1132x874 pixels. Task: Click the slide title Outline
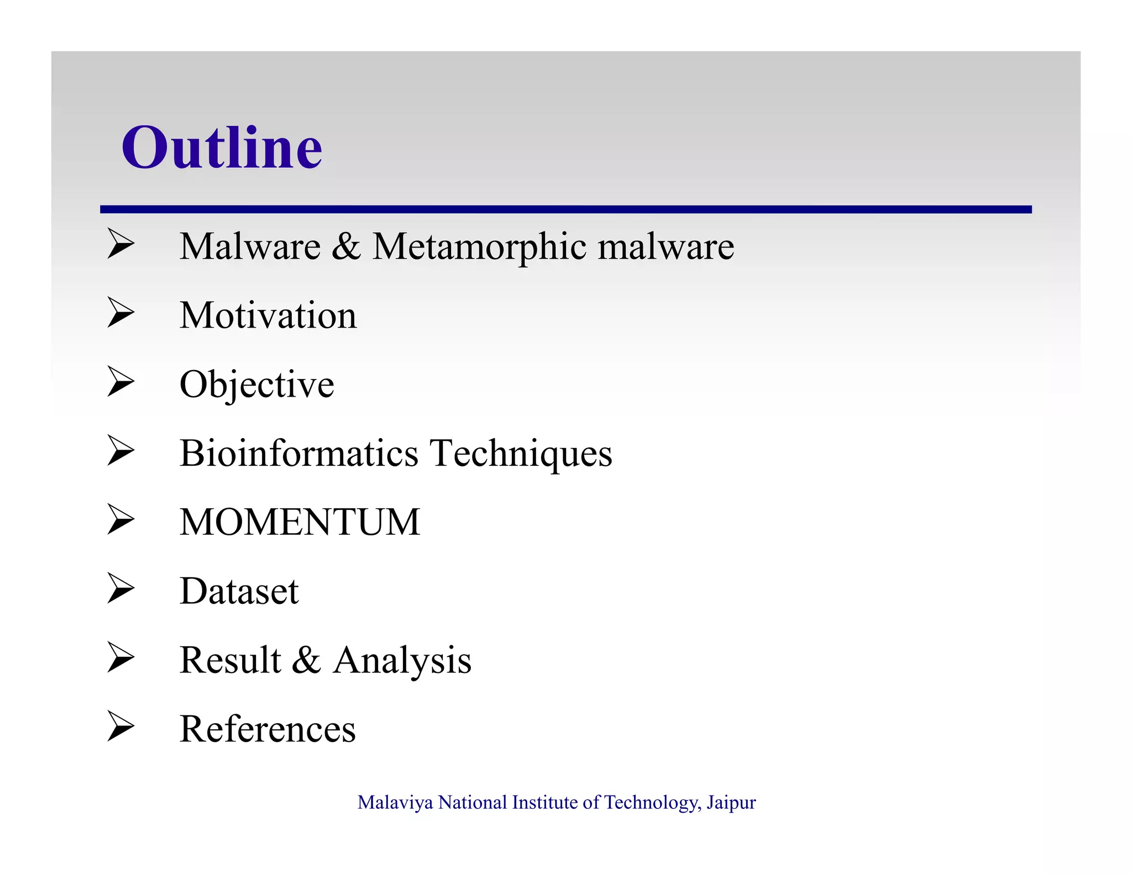click(x=222, y=148)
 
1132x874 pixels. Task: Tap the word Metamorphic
click(x=479, y=246)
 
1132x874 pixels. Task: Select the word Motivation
click(x=268, y=315)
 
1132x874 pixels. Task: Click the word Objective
click(x=257, y=385)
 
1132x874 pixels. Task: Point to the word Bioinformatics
click(x=299, y=454)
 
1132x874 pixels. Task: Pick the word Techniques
click(x=521, y=454)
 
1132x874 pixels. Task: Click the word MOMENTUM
click(x=300, y=522)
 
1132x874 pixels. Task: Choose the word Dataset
click(x=239, y=591)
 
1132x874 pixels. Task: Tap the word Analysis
click(x=402, y=660)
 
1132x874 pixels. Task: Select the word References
click(x=268, y=729)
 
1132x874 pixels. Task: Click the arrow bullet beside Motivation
click(x=120, y=313)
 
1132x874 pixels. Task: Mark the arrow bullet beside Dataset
click(x=120, y=588)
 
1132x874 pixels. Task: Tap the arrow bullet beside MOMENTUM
click(x=120, y=519)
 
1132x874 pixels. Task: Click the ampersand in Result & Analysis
click(x=306, y=660)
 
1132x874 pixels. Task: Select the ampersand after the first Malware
click(x=346, y=246)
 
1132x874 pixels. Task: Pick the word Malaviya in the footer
click(x=395, y=802)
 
